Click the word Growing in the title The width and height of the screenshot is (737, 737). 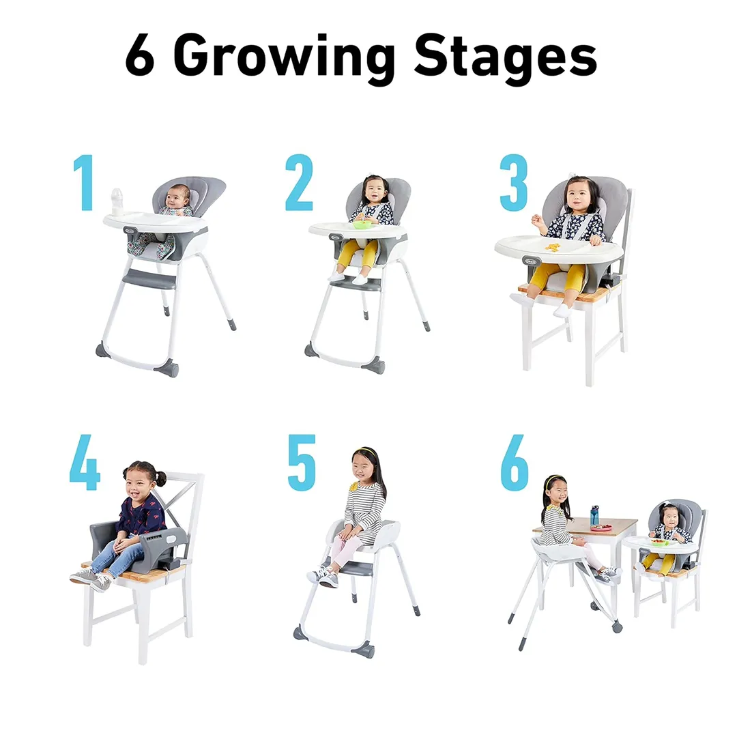click(284, 58)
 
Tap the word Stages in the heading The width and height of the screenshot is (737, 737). click(506, 58)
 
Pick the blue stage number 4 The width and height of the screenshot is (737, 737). click(85, 462)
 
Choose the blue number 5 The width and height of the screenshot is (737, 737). click(302, 463)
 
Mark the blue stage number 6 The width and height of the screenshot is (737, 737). click(515, 463)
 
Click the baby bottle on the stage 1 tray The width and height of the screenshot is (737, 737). click(117, 201)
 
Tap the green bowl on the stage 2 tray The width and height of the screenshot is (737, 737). click(361, 225)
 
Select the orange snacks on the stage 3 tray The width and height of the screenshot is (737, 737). click(553, 247)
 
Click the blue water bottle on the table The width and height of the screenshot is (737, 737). click(594, 516)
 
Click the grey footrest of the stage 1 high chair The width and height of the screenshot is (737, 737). click(149, 278)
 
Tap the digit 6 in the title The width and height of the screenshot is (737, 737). click(140, 55)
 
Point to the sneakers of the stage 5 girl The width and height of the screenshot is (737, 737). click(323, 577)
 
